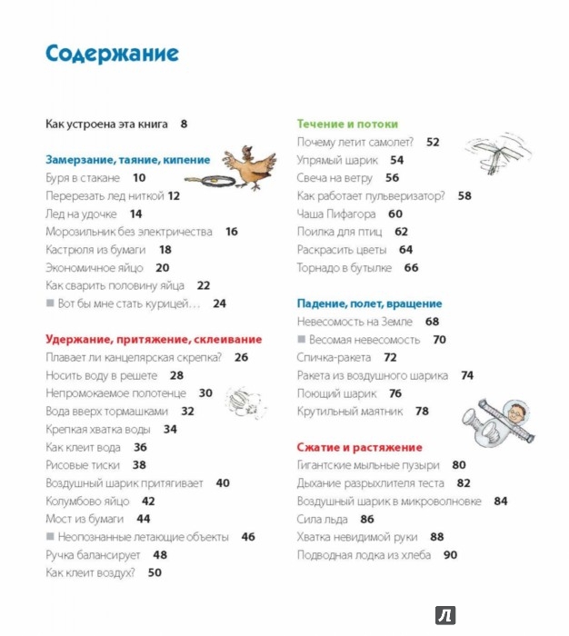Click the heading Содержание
(x=112, y=53)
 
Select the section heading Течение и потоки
(x=347, y=124)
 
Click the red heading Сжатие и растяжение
(x=360, y=447)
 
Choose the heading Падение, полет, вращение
(x=369, y=303)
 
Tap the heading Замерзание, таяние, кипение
(x=127, y=159)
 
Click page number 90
(x=451, y=554)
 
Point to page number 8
(x=184, y=124)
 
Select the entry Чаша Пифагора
(x=336, y=214)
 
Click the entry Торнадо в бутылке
(x=344, y=268)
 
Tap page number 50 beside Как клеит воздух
(x=155, y=572)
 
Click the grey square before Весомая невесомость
(x=302, y=340)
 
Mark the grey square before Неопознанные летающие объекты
(x=50, y=537)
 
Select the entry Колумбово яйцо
(x=87, y=501)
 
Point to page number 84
(x=501, y=501)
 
